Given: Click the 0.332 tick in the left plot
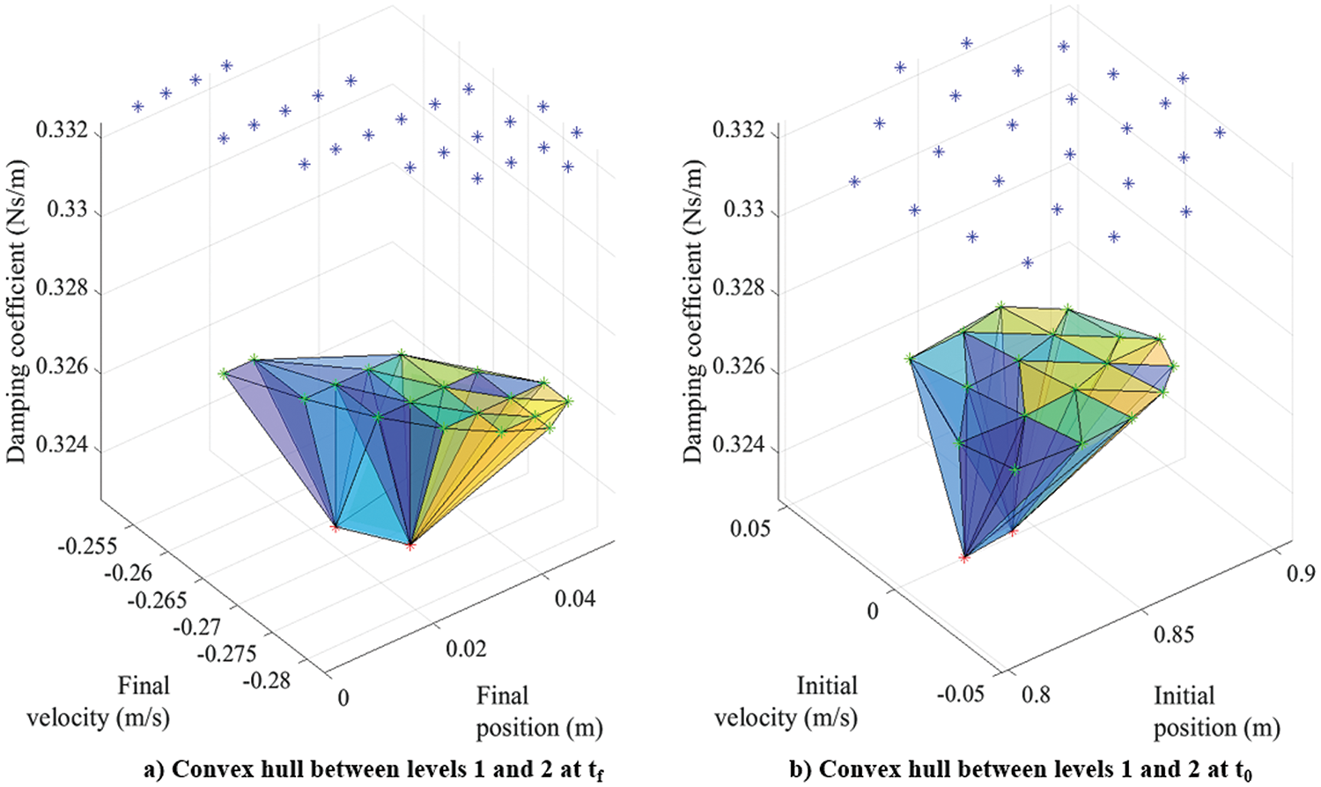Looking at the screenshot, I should click(61, 131).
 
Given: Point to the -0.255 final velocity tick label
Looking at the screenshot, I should click(87, 546).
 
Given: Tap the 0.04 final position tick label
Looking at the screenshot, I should click(575, 599).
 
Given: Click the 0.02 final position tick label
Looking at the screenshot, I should click(466, 649).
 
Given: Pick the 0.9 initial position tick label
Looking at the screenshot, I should click(1301, 573).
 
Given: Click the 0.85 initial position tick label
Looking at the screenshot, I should click(1175, 635).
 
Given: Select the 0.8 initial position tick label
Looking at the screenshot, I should click(1036, 695).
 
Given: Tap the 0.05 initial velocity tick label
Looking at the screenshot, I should click(750, 528).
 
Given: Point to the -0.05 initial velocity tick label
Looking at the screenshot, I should click(960, 694).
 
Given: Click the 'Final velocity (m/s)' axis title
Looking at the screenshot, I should click(99, 702).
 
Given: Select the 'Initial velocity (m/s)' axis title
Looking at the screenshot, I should click(786, 702).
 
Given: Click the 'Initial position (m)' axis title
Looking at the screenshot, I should click(1216, 711).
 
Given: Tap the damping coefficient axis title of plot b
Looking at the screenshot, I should click(695, 312).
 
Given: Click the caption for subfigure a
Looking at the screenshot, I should click(373, 769).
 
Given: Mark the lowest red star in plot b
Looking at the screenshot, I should click(964, 558).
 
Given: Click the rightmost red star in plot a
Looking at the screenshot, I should click(410, 546).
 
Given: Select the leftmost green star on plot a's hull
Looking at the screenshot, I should click(223, 373).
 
